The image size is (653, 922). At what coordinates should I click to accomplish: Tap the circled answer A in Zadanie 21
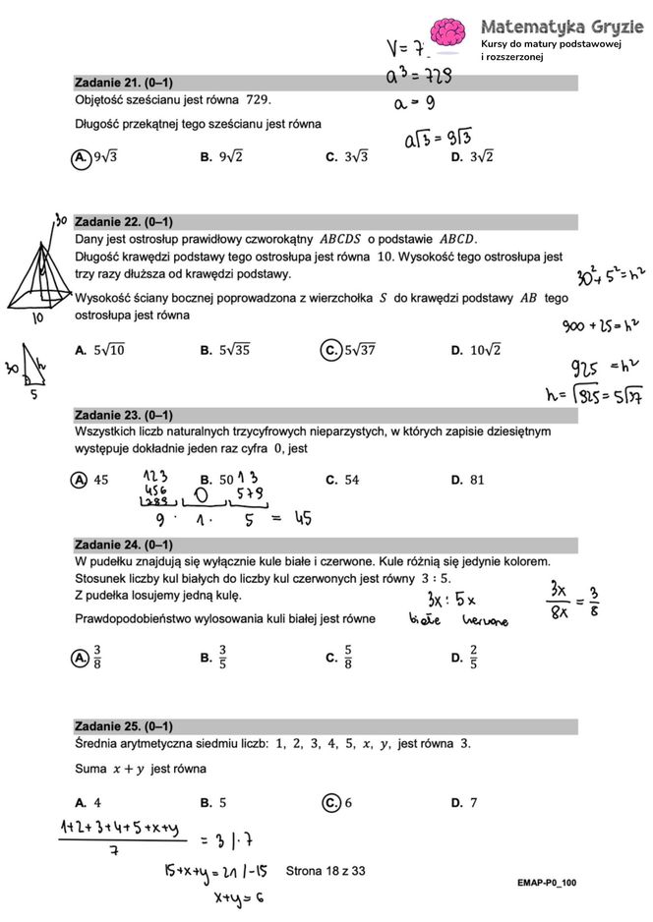tap(83, 156)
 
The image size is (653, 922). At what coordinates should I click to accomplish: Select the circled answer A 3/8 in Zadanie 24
tap(87, 658)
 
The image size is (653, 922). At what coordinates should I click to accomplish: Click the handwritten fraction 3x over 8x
tap(558, 604)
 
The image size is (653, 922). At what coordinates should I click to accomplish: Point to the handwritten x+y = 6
tap(236, 896)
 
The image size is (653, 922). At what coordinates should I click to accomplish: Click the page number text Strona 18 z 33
tap(326, 870)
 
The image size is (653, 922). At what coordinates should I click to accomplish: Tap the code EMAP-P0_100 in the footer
tap(547, 883)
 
